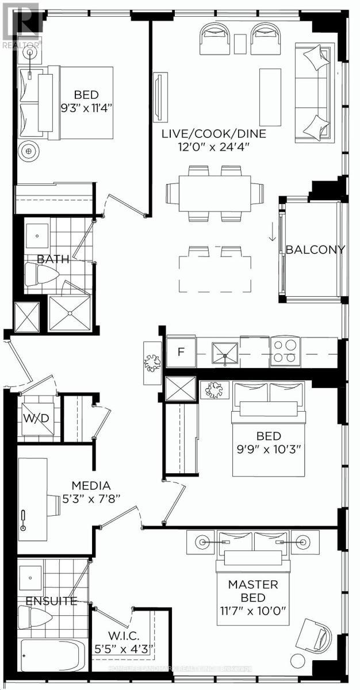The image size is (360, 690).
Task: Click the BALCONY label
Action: click(x=315, y=250)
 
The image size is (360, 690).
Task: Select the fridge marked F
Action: click(x=180, y=351)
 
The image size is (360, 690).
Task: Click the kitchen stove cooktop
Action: click(x=285, y=351)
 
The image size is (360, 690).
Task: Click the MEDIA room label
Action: click(x=87, y=486)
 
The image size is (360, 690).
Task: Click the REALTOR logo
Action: click(x=21, y=24)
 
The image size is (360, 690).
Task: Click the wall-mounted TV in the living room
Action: click(x=160, y=96)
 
